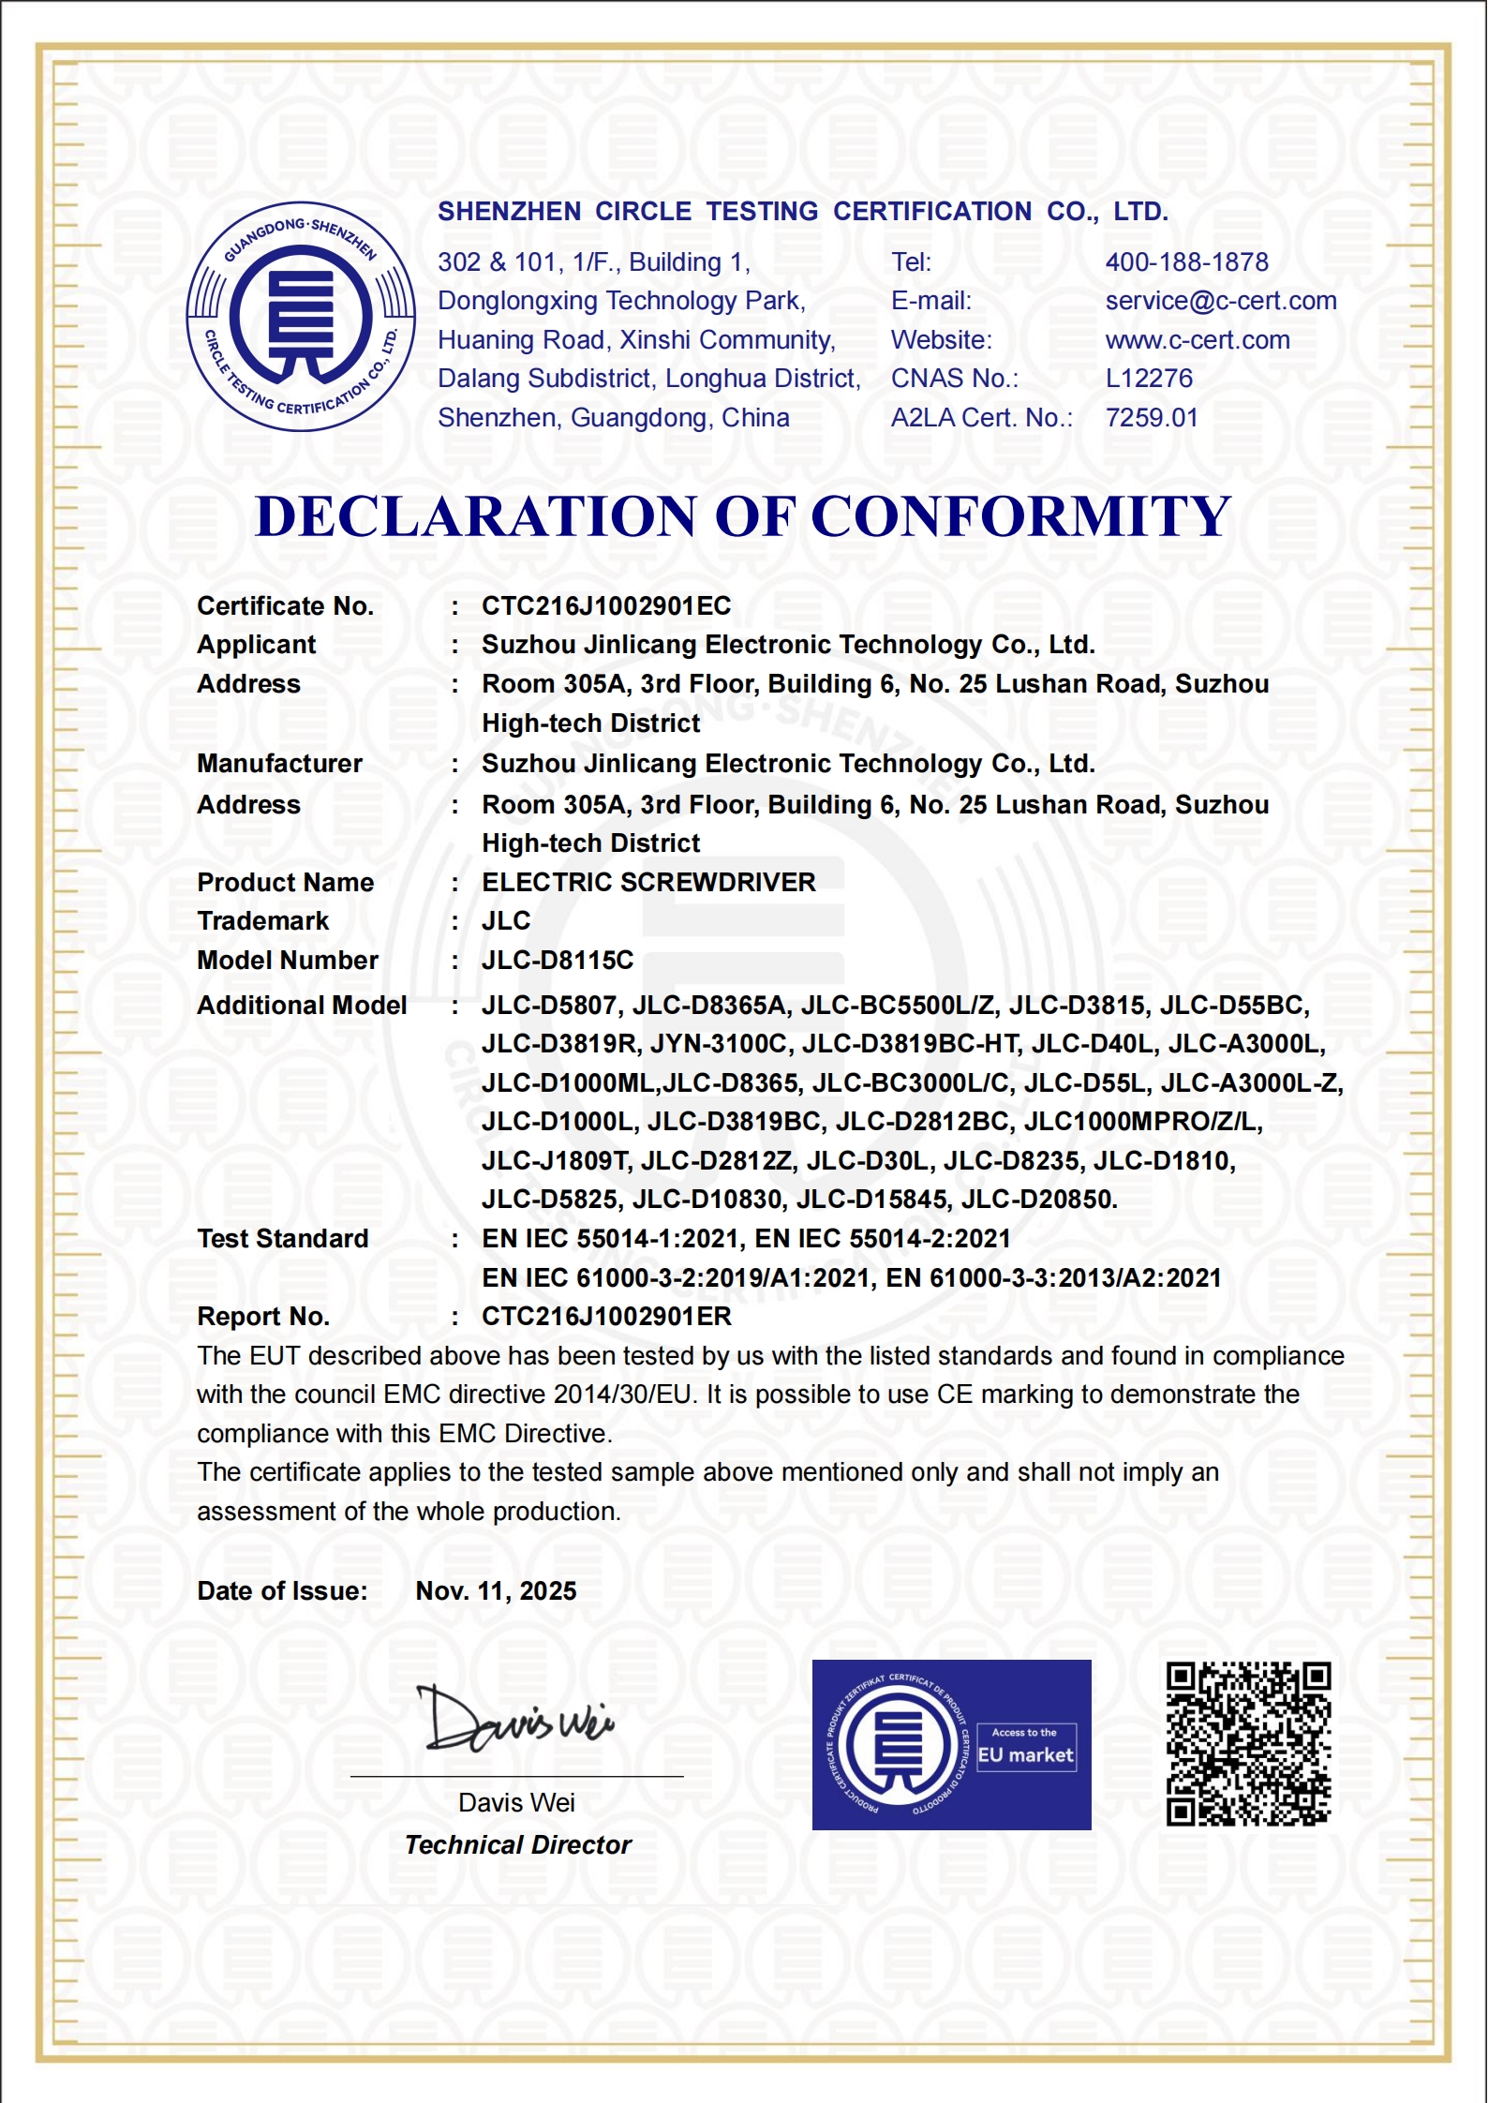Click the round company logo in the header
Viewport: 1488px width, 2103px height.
301,317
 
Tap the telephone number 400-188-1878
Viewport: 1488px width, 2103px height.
1186,262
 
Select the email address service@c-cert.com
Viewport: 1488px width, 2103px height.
1220,301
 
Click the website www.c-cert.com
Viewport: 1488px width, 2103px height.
1197,340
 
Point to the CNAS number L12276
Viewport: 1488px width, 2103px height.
1149,379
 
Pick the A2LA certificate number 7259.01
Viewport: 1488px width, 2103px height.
1152,418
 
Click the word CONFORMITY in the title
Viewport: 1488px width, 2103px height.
1020,516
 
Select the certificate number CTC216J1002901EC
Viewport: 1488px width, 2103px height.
606,606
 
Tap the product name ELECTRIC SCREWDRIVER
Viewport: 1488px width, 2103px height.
648,883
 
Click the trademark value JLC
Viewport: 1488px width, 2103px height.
506,921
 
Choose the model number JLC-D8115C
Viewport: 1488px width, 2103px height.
558,961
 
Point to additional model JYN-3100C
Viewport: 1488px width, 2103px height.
719,1044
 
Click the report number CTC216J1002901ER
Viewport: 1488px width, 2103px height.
606,1317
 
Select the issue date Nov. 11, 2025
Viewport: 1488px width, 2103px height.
496,1591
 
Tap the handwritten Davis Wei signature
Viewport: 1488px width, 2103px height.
515,1721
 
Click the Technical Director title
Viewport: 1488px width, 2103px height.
518,1845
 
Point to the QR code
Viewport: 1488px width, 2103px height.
1248,1744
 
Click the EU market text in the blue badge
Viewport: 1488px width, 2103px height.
1025,1755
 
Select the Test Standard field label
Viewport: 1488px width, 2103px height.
282,1239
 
